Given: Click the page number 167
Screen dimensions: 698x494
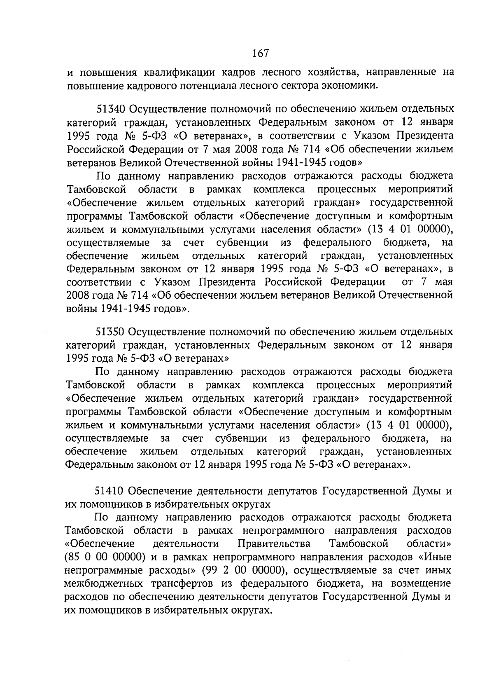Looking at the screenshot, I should tap(260, 53).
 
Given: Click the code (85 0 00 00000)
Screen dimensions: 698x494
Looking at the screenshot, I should tap(104, 557).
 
